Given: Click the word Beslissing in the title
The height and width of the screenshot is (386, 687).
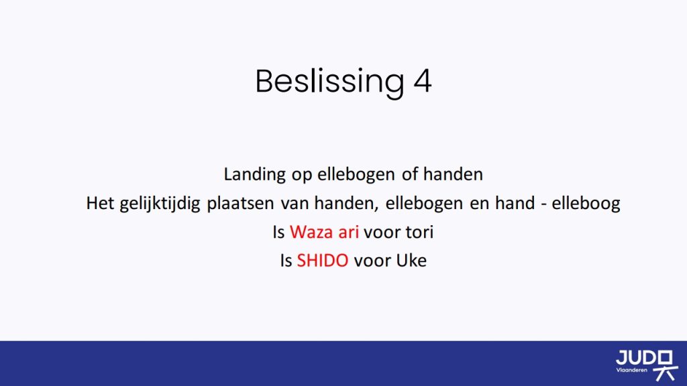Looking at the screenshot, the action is pos(329,81).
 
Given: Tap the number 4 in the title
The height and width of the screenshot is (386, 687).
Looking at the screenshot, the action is pos(423,81).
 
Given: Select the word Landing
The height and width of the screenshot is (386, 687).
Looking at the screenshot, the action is pos(254,175).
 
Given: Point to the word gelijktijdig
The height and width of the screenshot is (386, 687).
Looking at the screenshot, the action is pos(160,204).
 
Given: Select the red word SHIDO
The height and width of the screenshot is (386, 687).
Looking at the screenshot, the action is pos(323,261).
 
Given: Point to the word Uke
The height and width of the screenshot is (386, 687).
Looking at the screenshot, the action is pos(411,261).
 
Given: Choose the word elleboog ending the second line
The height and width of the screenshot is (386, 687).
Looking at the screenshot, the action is pos(586,204).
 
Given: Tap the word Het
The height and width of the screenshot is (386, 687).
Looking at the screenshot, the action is pos(100,203).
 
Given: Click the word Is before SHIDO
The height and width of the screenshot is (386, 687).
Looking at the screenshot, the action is pos(286,261).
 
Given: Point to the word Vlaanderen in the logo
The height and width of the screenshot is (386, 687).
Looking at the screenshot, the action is pos(632,370).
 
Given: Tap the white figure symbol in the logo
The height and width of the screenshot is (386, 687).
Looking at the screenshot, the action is pos(666,365).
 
